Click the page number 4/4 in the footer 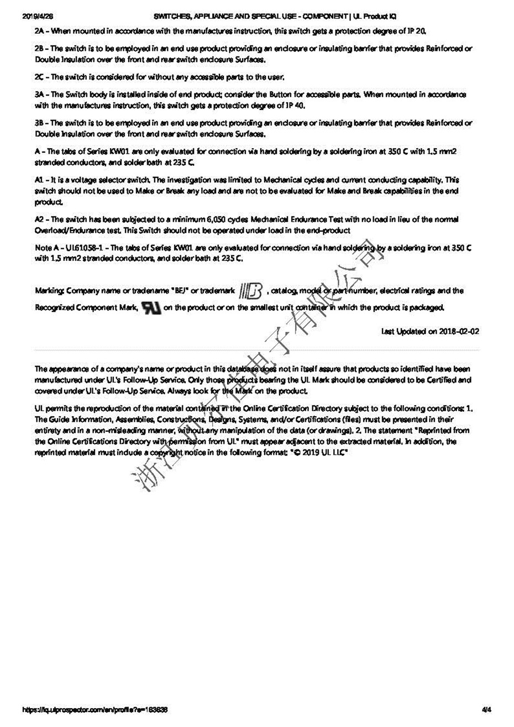click(486, 709)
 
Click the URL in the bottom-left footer click(95, 709)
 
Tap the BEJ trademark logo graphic click(252, 291)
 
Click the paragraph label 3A click(40, 95)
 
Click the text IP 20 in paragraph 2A click(415, 32)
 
